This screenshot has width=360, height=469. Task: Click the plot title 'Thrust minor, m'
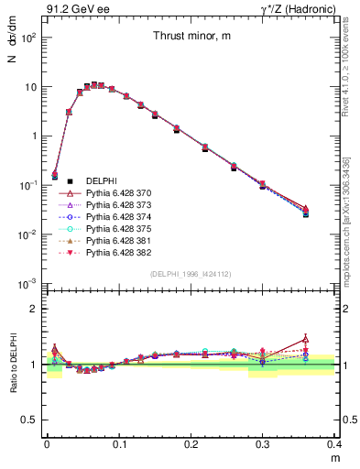pyautogui.click(x=191, y=36)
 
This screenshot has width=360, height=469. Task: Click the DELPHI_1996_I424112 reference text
pyautogui.click(x=191, y=274)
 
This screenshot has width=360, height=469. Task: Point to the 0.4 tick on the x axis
pyautogui.click(x=333, y=442)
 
